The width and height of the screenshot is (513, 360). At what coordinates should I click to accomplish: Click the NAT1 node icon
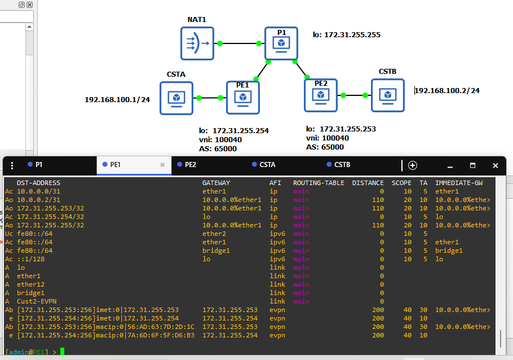click(197, 43)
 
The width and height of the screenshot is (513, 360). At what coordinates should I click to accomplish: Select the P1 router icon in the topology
click(281, 43)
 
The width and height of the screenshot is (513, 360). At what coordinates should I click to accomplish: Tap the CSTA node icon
click(176, 98)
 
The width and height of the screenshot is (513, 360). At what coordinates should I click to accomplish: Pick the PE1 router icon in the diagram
click(243, 98)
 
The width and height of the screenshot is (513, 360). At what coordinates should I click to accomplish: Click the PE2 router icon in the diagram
click(321, 95)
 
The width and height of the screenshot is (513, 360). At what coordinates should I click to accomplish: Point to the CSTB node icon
click(388, 95)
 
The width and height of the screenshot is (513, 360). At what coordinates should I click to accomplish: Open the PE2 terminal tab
click(191, 164)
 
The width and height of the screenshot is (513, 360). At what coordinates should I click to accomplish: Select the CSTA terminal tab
click(267, 164)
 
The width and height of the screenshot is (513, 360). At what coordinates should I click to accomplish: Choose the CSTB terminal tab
click(342, 164)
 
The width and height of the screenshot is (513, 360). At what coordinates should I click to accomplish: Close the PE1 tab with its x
click(162, 165)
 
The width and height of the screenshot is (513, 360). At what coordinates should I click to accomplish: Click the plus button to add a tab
click(413, 165)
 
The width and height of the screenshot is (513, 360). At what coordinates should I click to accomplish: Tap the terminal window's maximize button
click(472, 165)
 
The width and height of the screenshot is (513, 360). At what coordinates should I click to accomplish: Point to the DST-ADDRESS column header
click(38, 183)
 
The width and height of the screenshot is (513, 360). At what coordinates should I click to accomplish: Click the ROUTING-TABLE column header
click(319, 183)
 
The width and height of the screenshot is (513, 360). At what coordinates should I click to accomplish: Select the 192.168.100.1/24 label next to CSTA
click(117, 99)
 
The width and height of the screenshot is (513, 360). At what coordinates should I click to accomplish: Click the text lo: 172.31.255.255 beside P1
click(347, 35)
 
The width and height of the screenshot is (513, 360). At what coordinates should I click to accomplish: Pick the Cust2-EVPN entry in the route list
click(37, 301)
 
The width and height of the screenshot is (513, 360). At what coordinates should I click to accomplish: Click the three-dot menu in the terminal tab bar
click(12, 166)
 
